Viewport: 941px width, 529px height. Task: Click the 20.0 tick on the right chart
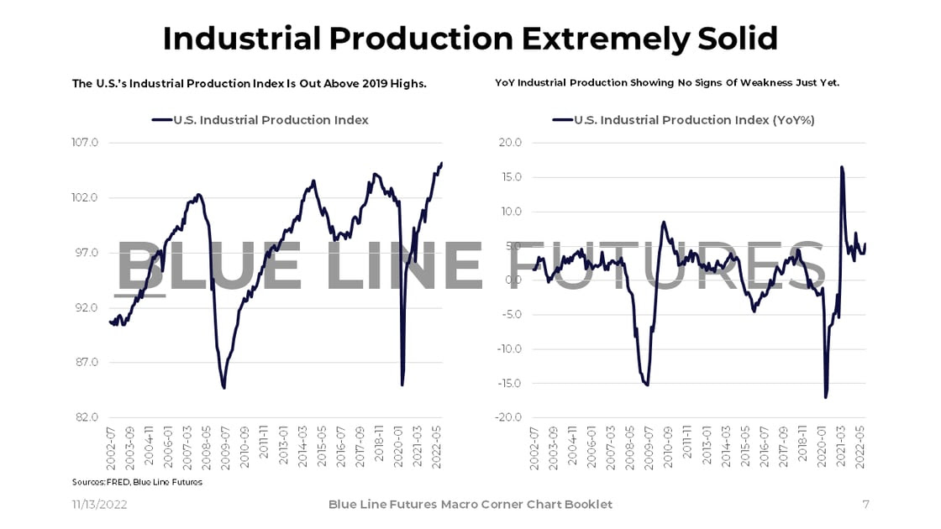click(x=510, y=143)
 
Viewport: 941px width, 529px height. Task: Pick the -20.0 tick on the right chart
click(x=508, y=417)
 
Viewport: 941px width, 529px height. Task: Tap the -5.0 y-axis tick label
click(x=510, y=315)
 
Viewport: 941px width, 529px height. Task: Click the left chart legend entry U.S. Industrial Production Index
click(x=270, y=120)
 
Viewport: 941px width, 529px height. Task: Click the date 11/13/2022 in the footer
click(x=100, y=504)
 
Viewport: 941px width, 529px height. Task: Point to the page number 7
click(x=865, y=504)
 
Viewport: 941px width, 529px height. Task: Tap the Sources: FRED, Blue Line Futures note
click(x=137, y=482)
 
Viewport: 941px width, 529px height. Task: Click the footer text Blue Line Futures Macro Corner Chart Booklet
click(x=470, y=504)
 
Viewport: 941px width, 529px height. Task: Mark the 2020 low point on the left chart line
click(x=402, y=385)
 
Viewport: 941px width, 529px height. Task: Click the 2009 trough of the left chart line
click(x=224, y=387)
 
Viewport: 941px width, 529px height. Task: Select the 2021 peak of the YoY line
click(x=841, y=167)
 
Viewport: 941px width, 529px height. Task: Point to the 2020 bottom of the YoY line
click(x=825, y=397)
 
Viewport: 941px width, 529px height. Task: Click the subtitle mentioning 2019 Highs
click(x=250, y=83)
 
